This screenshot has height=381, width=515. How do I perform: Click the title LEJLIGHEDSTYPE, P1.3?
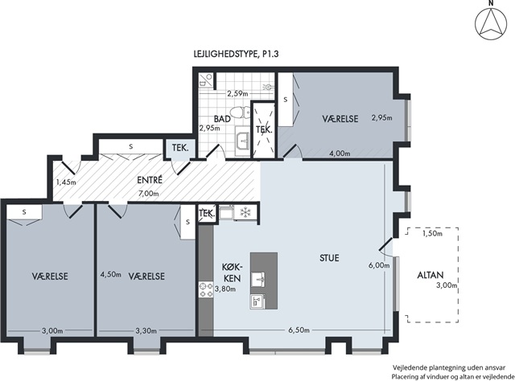click(x=236, y=54)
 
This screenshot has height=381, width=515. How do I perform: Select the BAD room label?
click(x=222, y=119)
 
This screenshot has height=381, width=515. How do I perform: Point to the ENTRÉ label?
click(x=150, y=180)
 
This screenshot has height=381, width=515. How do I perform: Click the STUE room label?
click(x=329, y=258)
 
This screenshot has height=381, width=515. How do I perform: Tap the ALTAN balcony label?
click(x=431, y=275)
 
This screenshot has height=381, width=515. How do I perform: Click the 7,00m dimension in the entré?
click(x=149, y=194)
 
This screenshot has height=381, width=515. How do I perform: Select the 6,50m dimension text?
click(x=299, y=330)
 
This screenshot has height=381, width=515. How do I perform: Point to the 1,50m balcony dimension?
click(x=432, y=233)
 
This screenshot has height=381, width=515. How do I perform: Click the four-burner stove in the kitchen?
click(x=206, y=290)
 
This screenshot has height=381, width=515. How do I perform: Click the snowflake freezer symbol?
click(x=245, y=212)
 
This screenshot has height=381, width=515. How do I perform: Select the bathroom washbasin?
click(x=243, y=141)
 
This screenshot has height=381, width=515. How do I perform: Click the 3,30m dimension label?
click(x=146, y=331)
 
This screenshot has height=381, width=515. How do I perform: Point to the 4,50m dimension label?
click(x=111, y=274)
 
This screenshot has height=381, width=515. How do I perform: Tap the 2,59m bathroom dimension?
click(x=237, y=93)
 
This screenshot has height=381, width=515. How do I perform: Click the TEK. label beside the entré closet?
click(x=180, y=148)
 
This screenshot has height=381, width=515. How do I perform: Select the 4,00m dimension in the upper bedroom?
click(x=340, y=154)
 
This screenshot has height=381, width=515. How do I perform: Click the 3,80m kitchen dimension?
click(x=225, y=289)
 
